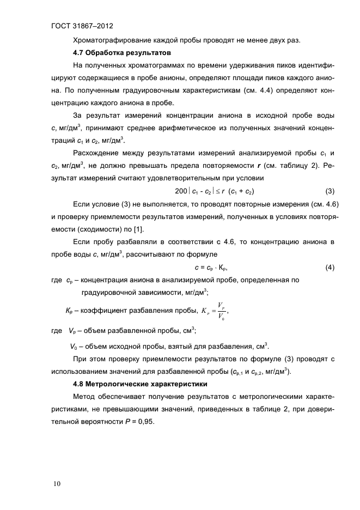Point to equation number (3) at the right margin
click(330, 191)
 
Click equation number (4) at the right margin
click(330, 267)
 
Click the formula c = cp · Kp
click(210, 267)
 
